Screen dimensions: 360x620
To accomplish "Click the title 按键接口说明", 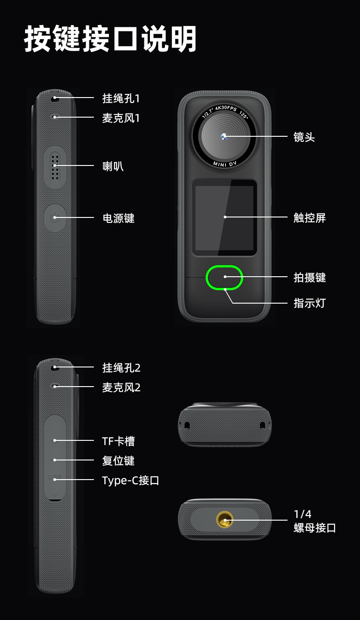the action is [110, 39].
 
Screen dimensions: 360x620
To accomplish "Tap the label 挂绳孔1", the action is [121, 98].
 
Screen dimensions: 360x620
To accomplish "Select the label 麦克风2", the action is [121, 387].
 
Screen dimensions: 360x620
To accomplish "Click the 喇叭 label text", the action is [113, 166].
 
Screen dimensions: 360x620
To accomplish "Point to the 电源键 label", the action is [118, 218].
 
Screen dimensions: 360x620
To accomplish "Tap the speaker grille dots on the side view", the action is [55, 167].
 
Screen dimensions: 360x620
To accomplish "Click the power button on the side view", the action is [55, 218].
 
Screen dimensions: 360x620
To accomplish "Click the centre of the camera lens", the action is [224, 136].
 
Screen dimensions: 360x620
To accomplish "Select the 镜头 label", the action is [304, 137].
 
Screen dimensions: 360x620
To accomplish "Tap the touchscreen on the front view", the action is [224, 217].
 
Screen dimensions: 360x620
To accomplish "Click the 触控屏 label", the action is [309, 218].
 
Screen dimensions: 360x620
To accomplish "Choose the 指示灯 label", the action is [309, 303].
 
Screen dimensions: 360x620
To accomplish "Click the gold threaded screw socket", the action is [225, 520].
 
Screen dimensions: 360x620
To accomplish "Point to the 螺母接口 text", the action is [314, 528].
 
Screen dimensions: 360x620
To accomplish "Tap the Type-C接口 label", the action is [131, 480].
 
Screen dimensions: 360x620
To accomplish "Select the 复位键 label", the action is [118, 461].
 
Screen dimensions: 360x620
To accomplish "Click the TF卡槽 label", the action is [118, 441].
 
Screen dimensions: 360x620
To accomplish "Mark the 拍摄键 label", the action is [309, 278].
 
